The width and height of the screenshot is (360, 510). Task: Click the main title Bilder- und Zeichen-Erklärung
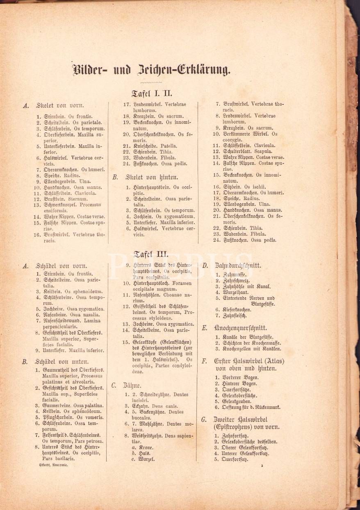(151, 70)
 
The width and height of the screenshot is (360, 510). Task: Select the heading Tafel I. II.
(152, 93)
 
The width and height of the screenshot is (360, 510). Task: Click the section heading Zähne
(132, 385)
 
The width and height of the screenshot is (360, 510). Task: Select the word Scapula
(262, 151)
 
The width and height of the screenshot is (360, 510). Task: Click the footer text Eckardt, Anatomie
(53, 466)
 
